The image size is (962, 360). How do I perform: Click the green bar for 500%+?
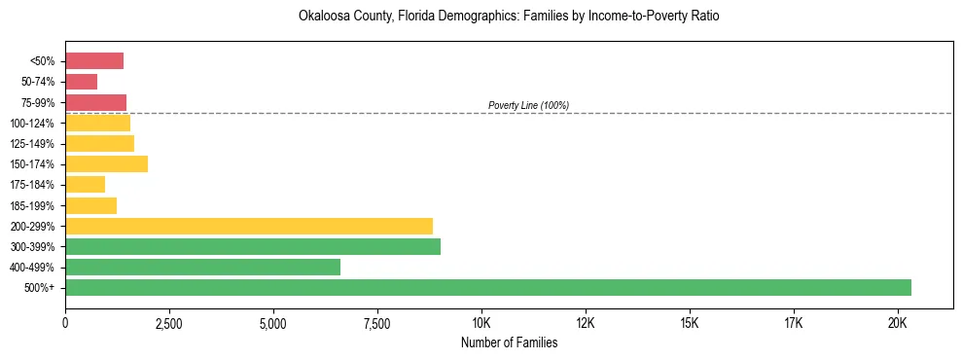click(x=487, y=287)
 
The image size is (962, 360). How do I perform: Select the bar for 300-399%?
click(x=253, y=246)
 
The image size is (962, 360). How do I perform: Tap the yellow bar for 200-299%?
click(x=249, y=226)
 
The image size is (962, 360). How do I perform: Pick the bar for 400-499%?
click(x=202, y=267)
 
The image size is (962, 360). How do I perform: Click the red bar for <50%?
click(x=94, y=61)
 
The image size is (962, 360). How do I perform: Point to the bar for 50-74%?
click(x=81, y=82)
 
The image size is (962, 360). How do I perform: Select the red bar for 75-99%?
click(x=95, y=102)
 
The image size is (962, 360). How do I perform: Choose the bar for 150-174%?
click(x=106, y=163)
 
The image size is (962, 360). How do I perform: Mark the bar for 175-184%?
click(x=85, y=184)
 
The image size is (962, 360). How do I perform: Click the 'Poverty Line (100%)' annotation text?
click(x=528, y=105)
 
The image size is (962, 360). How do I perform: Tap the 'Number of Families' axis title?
click(x=509, y=342)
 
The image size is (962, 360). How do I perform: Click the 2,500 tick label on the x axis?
click(x=169, y=323)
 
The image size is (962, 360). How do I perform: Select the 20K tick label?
click(x=897, y=323)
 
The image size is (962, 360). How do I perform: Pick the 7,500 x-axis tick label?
click(x=377, y=323)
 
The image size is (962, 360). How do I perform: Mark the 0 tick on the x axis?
click(x=65, y=323)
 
